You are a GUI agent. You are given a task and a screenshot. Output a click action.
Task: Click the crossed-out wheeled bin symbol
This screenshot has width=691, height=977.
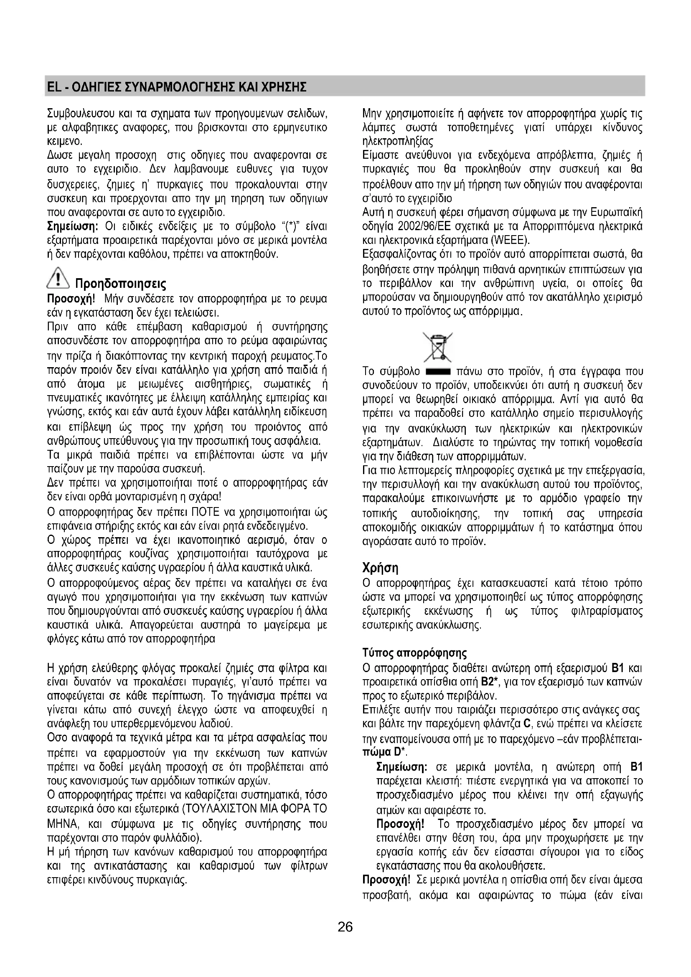click(437, 347)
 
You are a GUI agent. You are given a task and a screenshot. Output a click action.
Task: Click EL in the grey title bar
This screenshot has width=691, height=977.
click(53, 87)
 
